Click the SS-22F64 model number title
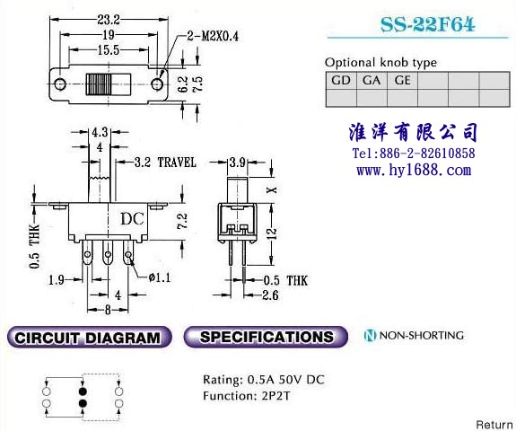tap(427, 24)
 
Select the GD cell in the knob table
tap(341, 80)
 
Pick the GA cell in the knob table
tap(372, 80)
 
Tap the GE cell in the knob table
tap(402, 80)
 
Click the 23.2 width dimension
tap(109, 20)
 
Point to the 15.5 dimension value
tap(109, 50)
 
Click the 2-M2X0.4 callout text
tap(213, 36)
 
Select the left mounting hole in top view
tap(59, 84)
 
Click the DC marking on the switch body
tap(132, 218)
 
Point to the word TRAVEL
tap(177, 163)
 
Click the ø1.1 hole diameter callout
tap(160, 277)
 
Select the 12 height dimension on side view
tap(273, 233)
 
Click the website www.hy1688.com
tap(414, 171)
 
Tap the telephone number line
tap(414, 154)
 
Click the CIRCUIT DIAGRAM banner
tap(89, 337)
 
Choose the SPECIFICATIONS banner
tap(266, 337)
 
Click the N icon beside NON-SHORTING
tap(370, 336)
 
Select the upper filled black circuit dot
tap(83, 391)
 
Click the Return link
tap(494, 425)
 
